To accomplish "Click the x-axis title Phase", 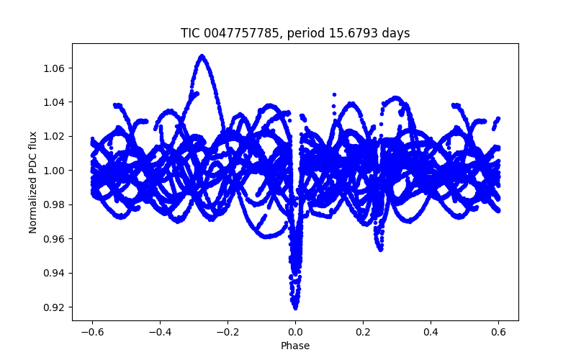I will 295,346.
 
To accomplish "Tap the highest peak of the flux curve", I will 202,55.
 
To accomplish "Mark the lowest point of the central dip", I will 295,307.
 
